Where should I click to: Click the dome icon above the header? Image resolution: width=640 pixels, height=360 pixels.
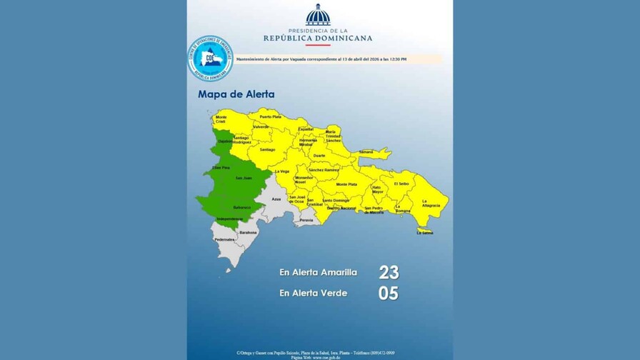[x=318, y=15]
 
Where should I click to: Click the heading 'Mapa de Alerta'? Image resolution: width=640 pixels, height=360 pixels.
[x=236, y=94]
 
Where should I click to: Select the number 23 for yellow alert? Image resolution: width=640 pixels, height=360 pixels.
[x=389, y=272]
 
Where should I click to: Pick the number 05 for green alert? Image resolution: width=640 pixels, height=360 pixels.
[x=389, y=293]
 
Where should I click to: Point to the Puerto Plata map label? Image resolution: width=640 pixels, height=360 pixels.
[x=271, y=116]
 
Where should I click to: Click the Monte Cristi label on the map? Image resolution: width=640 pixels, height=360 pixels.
[x=221, y=119]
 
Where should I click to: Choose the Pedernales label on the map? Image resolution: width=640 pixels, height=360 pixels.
[x=224, y=239]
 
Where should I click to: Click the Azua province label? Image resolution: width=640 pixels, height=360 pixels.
[x=276, y=199]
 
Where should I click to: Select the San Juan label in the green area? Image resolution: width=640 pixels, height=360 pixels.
[x=244, y=178]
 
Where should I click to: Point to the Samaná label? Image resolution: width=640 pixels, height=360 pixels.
[x=366, y=152]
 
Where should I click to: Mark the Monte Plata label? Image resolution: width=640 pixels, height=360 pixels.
[x=347, y=184]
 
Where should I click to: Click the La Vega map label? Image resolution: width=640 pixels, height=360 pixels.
[x=284, y=171]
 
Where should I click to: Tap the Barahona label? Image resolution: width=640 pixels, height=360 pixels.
[x=248, y=232]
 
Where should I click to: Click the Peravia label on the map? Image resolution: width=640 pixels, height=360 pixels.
[x=307, y=221]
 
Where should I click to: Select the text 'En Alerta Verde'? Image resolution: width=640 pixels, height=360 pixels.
[x=313, y=293]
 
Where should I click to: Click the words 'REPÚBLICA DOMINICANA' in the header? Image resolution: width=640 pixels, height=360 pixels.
[x=318, y=39]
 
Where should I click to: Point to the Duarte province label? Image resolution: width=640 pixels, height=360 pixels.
[x=319, y=155]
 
